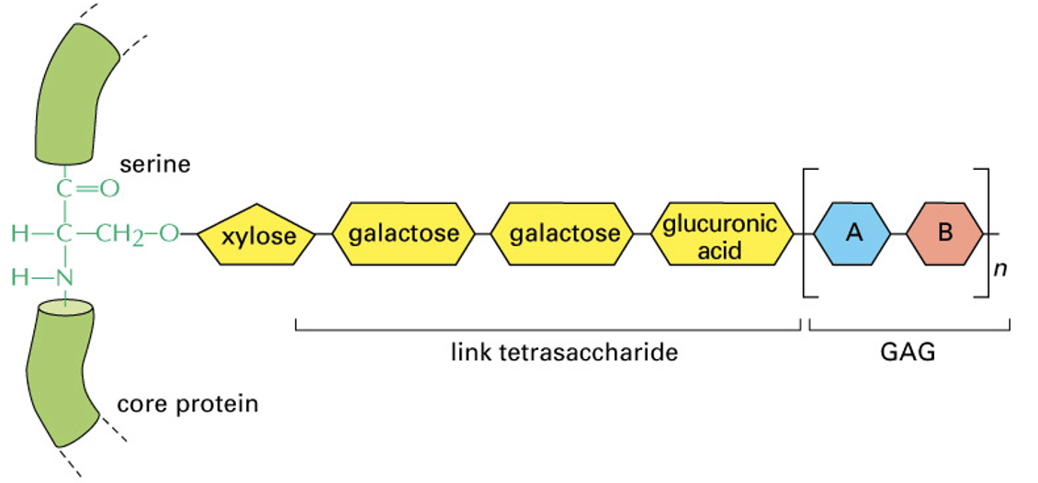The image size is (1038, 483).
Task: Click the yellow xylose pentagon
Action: (256, 235)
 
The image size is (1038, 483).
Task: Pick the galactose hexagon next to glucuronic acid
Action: (563, 233)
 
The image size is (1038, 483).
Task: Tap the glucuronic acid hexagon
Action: (720, 234)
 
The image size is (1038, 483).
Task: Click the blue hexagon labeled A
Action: (853, 233)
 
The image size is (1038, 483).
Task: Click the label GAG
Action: (909, 353)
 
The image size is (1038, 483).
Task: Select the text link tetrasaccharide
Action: (564, 353)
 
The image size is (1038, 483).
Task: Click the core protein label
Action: (187, 403)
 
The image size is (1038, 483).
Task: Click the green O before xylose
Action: (169, 234)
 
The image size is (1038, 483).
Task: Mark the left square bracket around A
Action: (807, 233)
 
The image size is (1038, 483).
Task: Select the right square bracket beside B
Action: (986, 233)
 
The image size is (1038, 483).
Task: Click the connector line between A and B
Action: (899, 233)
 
